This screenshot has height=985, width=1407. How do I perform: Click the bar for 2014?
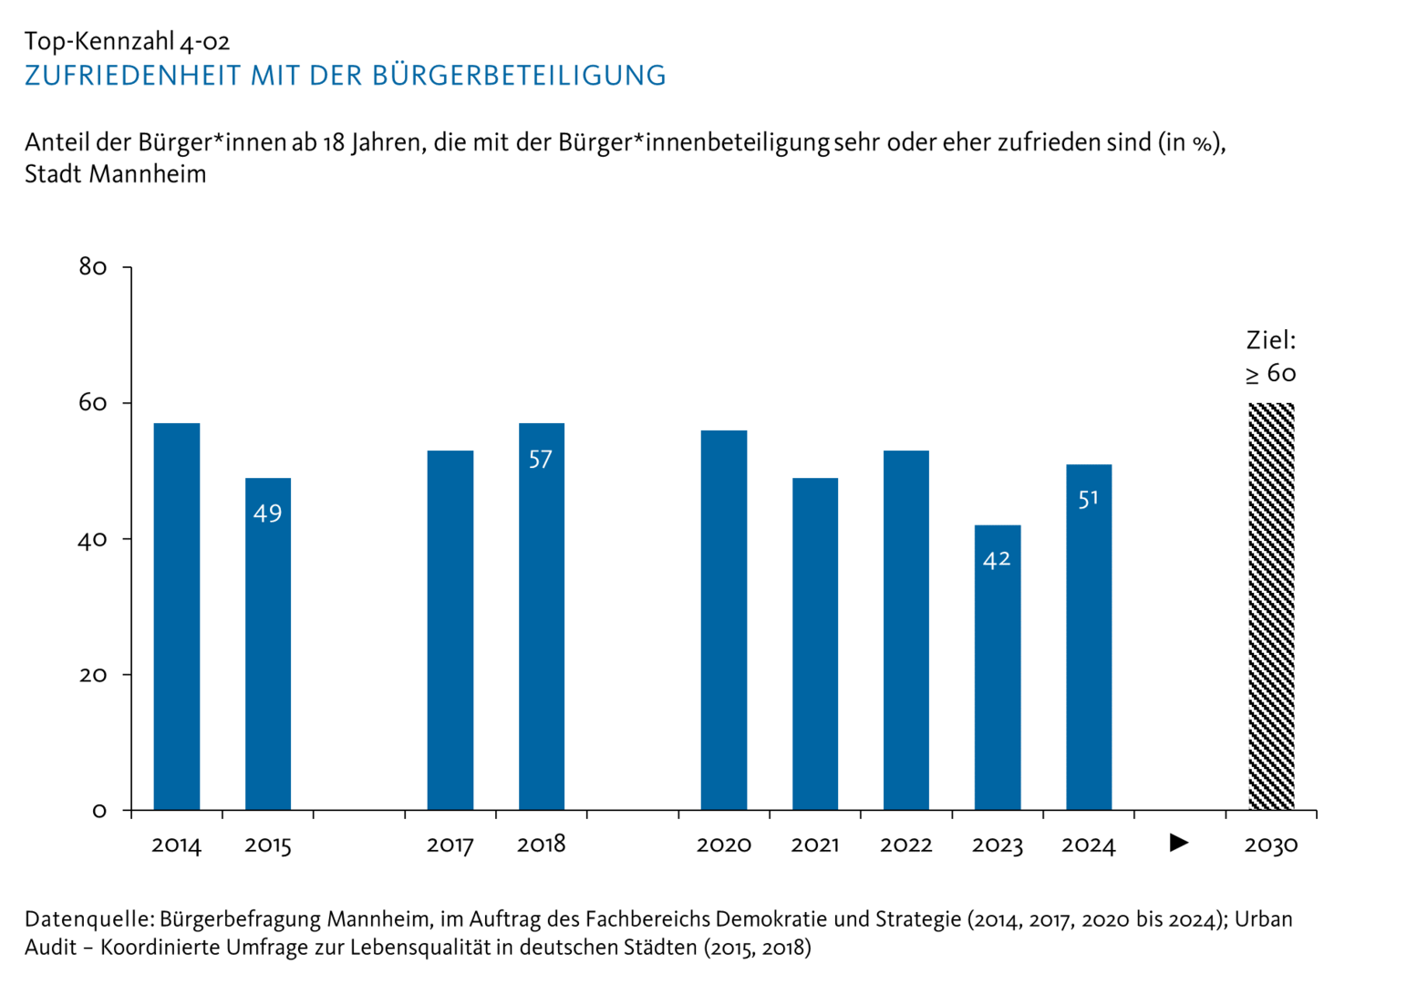tap(177, 616)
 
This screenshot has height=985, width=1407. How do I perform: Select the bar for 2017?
tap(450, 629)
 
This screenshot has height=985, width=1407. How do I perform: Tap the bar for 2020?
tap(724, 620)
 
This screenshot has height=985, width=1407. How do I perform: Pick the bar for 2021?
tap(815, 643)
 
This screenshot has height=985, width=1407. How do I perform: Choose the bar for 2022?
tap(906, 629)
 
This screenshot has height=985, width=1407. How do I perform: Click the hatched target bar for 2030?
tap(1271, 607)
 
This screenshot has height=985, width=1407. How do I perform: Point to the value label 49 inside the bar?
tap(267, 513)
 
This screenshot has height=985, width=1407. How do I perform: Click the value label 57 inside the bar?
tap(541, 460)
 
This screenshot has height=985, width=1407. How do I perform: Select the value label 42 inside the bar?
tap(997, 559)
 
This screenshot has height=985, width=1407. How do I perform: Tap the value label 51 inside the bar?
tap(1088, 499)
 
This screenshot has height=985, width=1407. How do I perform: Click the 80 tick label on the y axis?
tap(93, 267)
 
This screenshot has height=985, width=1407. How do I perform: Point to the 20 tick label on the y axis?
tap(93, 675)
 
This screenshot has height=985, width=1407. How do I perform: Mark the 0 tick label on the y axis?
tap(99, 811)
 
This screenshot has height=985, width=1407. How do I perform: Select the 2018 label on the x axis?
tap(541, 845)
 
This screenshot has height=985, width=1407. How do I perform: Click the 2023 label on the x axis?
tap(997, 845)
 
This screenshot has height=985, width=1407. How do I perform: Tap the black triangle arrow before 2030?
tap(1179, 843)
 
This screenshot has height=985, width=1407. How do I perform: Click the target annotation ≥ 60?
tap(1270, 374)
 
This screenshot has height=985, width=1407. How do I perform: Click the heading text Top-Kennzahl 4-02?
tap(127, 41)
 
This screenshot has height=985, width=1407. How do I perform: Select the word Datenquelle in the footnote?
tap(88, 919)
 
